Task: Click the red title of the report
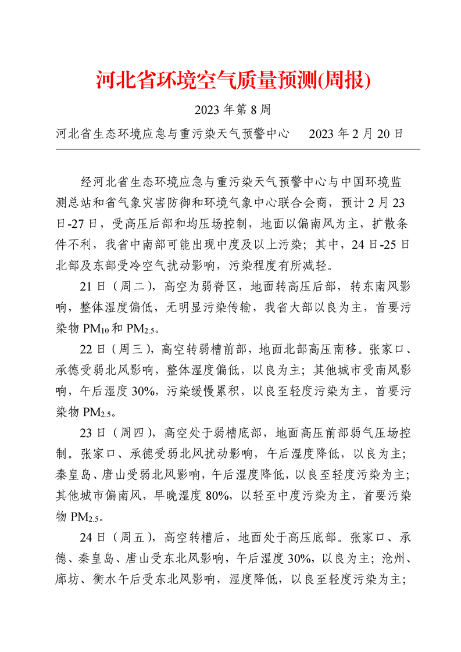tap(233, 81)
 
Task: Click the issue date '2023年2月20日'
tap(356, 133)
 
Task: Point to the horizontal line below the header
tap(237, 149)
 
